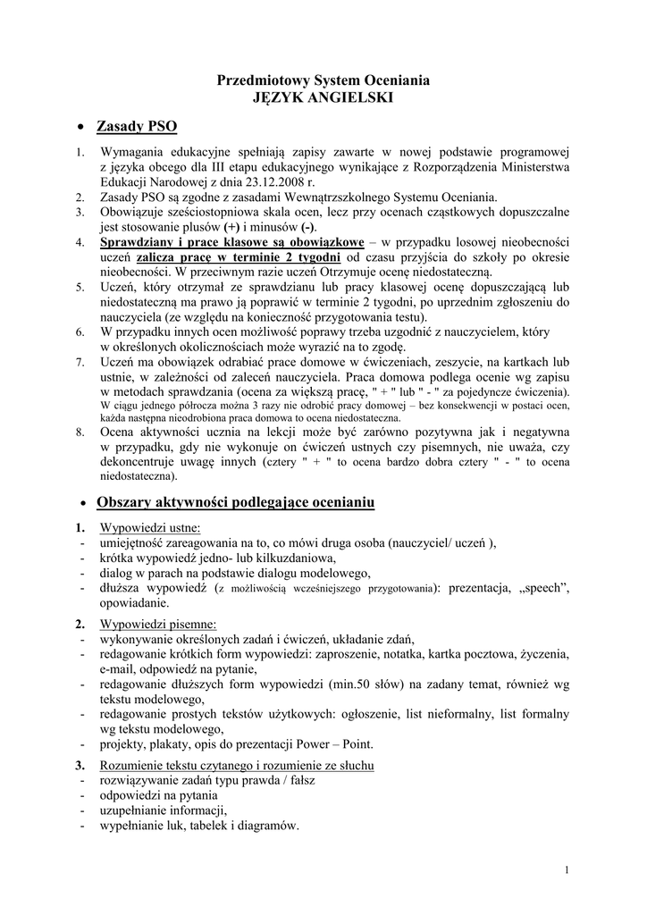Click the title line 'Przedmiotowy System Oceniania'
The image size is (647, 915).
[x=323, y=80]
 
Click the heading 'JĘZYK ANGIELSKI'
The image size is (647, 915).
[x=323, y=97]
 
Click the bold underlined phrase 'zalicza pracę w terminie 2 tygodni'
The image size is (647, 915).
[x=239, y=257]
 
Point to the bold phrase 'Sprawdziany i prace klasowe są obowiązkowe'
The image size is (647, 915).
[x=232, y=242]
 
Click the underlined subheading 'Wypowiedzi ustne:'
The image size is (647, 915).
[x=150, y=528]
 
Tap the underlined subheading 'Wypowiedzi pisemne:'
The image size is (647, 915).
[x=157, y=623]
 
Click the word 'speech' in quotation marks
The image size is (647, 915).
[x=537, y=588]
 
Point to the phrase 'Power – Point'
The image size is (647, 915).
[x=336, y=744]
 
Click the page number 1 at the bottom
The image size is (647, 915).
[x=568, y=869]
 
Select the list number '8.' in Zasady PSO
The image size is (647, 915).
[x=80, y=431]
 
